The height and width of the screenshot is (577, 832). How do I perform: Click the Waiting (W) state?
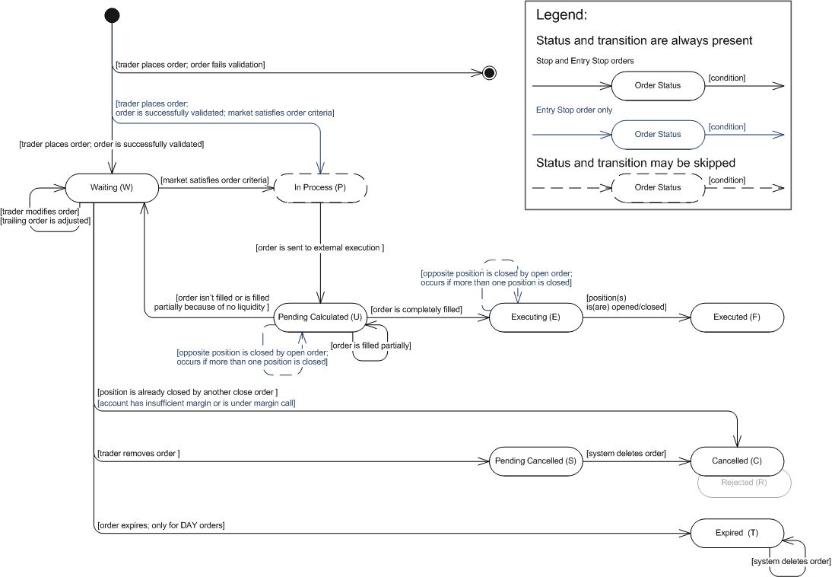point(112,187)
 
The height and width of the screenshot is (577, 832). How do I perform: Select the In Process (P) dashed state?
point(320,187)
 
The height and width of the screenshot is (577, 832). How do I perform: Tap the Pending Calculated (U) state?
point(320,317)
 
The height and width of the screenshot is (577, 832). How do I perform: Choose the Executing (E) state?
point(535,317)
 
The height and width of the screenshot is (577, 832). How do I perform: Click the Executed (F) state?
point(737,317)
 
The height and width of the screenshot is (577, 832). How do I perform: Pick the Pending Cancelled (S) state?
point(535,461)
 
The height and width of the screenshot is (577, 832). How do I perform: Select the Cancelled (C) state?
point(737,461)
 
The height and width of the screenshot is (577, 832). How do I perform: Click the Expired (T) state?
point(737,533)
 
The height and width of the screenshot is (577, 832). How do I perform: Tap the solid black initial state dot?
point(112,15)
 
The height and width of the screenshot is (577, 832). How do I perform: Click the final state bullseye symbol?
point(489,73)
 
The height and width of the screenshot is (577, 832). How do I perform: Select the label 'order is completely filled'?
point(416,309)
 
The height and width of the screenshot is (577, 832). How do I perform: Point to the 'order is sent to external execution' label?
point(319,247)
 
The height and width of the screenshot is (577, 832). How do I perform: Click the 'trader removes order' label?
point(138,453)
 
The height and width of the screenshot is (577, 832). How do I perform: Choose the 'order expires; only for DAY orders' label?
point(160,525)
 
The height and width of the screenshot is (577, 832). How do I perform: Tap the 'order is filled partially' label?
point(370,346)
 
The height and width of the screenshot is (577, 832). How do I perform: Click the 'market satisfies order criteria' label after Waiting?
point(214,180)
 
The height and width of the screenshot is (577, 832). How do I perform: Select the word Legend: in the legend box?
point(561,15)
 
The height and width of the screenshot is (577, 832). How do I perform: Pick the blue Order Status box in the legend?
point(658,135)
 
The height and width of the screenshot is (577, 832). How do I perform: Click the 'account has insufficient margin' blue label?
point(196,403)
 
